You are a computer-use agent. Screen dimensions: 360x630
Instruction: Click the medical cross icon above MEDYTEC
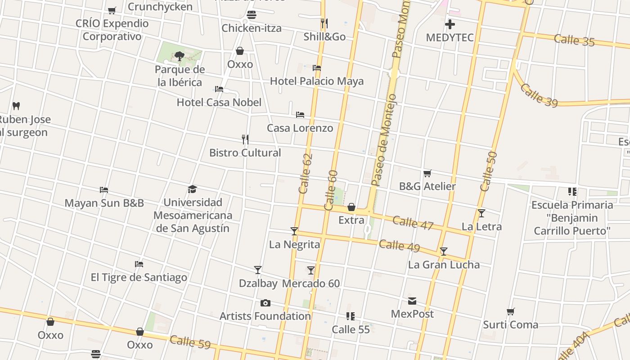(x=450, y=24)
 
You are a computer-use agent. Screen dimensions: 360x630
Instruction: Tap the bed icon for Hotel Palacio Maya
(x=317, y=68)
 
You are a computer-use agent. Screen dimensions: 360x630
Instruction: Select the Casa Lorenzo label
(x=300, y=128)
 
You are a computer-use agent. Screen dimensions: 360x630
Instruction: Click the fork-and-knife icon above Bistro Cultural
(x=245, y=139)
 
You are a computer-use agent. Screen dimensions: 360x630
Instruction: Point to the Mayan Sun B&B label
(x=104, y=203)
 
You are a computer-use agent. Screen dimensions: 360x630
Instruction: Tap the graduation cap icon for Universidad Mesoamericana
(x=193, y=189)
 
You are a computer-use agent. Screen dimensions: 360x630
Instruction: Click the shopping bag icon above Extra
(x=351, y=207)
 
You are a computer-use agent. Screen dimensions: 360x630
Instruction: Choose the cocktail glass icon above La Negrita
(x=294, y=231)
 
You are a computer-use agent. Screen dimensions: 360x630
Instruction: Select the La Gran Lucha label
(x=444, y=265)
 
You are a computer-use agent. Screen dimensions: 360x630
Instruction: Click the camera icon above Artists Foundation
(x=265, y=303)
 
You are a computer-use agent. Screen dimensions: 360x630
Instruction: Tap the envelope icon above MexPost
(x=412, y=301)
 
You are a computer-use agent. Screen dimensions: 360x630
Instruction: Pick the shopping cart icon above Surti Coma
(x=511, y=311)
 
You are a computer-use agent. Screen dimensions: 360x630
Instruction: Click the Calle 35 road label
(x=574, y=40)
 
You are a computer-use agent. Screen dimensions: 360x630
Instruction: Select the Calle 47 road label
(x=413, y=222)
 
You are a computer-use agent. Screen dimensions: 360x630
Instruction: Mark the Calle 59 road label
(x=190, y=342)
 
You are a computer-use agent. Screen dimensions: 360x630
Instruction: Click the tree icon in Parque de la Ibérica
(x=180, y=56)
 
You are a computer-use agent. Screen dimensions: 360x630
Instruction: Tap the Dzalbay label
(x=258, y=283)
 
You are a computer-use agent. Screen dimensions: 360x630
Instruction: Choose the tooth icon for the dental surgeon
(x=16, y=106)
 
